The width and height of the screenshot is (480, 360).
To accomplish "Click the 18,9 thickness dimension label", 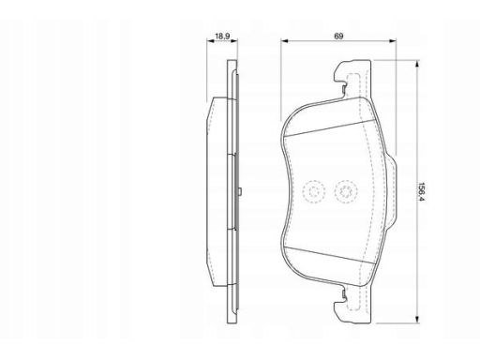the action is (222, 36).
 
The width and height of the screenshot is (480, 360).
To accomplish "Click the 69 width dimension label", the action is (338, 36).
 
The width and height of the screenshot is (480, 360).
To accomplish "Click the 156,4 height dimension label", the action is (422, 191).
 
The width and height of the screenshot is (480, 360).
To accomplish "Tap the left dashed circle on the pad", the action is (314, 191).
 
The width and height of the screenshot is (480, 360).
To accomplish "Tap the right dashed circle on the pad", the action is (346, 191).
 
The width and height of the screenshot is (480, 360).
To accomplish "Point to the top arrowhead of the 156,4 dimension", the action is (416, 65).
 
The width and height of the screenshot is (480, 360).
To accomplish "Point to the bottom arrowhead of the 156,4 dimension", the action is (416, 319).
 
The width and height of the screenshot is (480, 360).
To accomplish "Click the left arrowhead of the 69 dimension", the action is (284, 40).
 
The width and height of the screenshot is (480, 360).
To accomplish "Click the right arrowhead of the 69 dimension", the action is (392, 40).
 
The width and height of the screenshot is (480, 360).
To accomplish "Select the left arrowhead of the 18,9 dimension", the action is (210, 40).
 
